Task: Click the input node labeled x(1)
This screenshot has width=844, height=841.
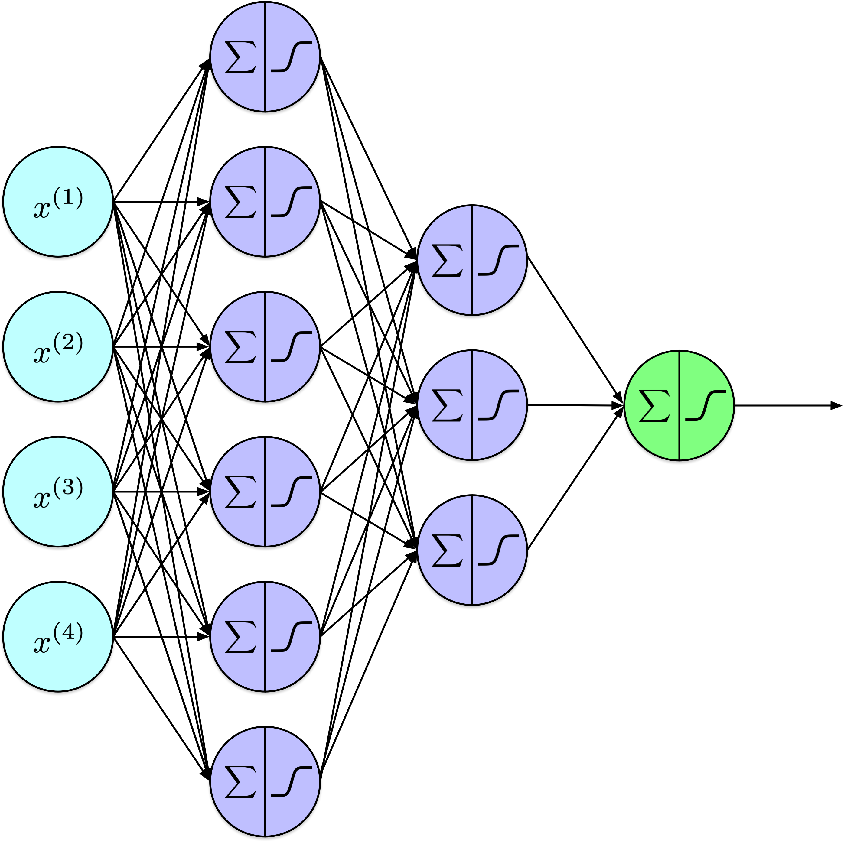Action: pos(58,202)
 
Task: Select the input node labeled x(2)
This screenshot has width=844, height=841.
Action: pos(58,347)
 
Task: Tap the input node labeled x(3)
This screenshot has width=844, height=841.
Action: pos(58,492)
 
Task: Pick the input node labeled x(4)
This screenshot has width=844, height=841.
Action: pos(58,637)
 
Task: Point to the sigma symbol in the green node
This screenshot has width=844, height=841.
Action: pos(654,406)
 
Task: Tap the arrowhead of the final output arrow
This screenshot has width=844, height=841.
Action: pos(836,406)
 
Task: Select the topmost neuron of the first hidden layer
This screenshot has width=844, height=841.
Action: pos(265,57)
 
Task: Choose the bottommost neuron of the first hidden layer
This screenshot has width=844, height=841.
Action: pos(265,782)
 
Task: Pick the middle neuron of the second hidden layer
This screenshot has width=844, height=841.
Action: pos(472,405)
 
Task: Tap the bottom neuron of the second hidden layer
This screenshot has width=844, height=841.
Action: pos(472,550)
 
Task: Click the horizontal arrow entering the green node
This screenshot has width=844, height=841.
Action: pos(576,406)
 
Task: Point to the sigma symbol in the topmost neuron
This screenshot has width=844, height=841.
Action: pos(240,57)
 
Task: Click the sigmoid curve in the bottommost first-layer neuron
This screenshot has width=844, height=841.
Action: pos(291,782)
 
